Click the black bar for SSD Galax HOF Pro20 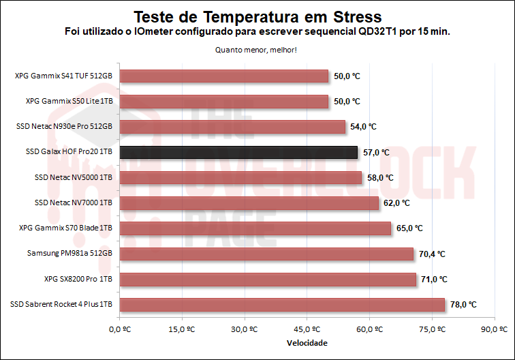238,152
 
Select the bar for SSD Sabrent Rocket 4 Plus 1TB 282,305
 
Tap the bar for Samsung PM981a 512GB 266,254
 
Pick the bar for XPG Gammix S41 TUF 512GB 224,76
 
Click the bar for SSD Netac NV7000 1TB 249,202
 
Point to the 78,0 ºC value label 463,305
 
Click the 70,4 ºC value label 432,254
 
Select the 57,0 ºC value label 376,152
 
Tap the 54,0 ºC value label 363,127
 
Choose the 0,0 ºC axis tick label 119,329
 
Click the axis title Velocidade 307,342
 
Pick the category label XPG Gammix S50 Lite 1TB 69,101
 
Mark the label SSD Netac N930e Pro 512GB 64,126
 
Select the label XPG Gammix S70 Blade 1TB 66,228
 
